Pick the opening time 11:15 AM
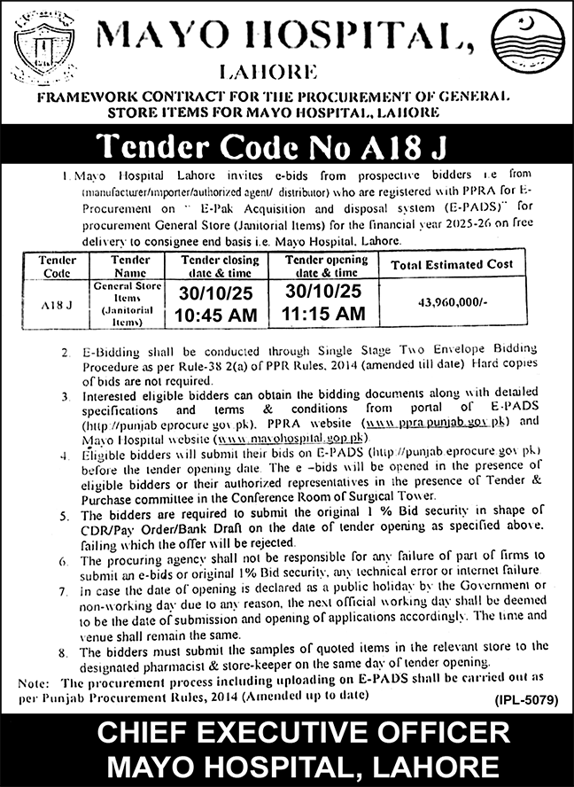point(323,314)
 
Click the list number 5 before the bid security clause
point(65,516)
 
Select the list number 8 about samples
point(65,654)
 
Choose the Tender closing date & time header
point(220,267)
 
